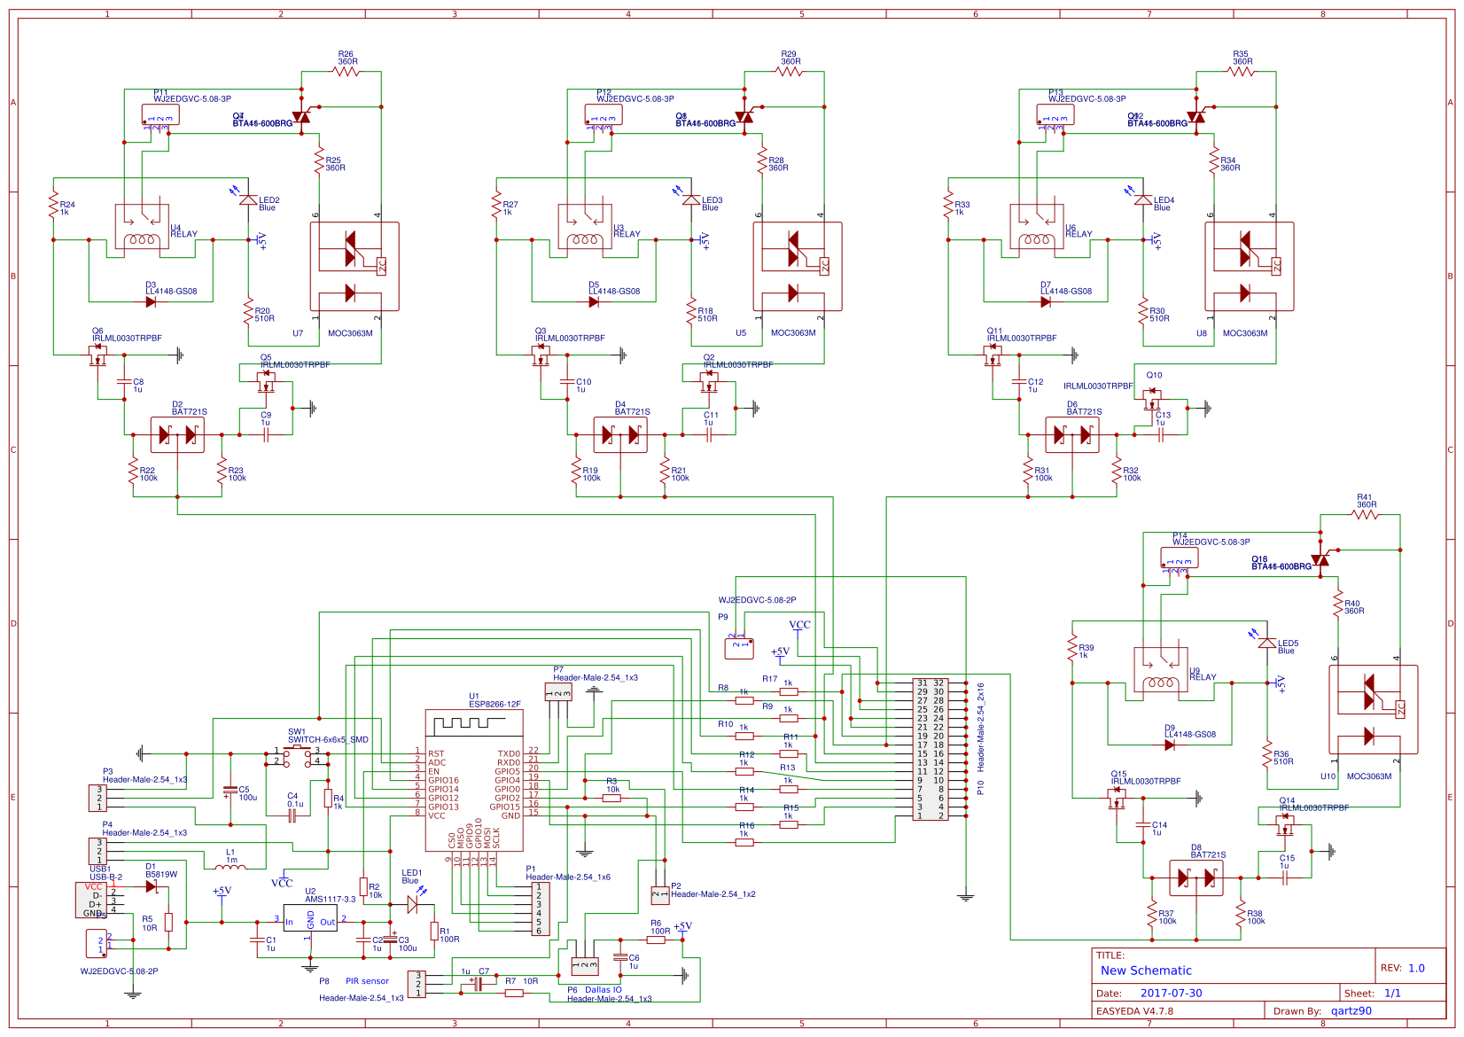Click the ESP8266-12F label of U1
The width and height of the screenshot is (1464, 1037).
[x=494, y=704]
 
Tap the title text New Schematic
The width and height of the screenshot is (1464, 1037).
[x=1145, y=971]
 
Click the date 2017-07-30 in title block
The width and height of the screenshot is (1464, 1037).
[x=1171, y=993]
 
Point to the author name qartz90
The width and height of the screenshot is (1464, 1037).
[x=1351, y=1010]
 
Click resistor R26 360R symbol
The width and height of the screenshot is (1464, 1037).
[x=347, y=71]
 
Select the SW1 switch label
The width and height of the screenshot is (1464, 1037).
[x=296, y=732]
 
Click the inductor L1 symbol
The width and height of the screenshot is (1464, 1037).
[x=230, y=868]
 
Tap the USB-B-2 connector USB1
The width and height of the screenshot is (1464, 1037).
[x=94, y=899]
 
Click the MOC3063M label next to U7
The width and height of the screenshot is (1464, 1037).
[x=350, y=333]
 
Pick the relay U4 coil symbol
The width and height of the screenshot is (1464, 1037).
[x=141, y=239]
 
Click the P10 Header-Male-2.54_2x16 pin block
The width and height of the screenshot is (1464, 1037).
[x=931, y=751]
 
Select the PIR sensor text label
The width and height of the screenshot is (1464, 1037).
[x=367, y=981]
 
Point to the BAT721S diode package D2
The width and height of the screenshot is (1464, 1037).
[x=176, y=434]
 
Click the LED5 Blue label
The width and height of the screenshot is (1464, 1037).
[x=1287, y=647]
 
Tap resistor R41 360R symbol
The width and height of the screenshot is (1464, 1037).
[x=1366, y=514]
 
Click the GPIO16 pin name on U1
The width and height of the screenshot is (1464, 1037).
[x=443, y=781]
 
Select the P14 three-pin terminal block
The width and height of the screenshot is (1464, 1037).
[x=1179, y=558]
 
